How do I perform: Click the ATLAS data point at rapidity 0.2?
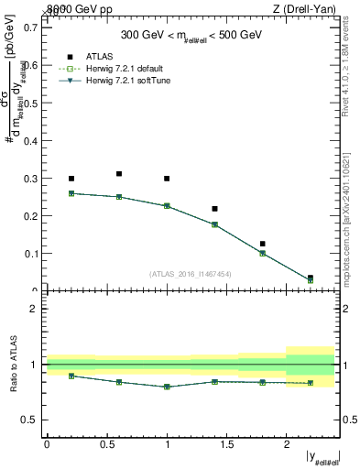coord(71,179)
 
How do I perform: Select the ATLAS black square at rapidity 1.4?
coord(214,209)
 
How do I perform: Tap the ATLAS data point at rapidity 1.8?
coord(262,244)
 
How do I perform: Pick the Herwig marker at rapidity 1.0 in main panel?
coord(167,206)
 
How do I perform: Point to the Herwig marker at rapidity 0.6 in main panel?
coord(119,197)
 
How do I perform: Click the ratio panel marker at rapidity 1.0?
coord(167,387)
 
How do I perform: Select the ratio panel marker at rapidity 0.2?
coord(71,376)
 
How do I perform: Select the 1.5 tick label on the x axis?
coord(226,444)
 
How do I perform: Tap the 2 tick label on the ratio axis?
coord(35,309)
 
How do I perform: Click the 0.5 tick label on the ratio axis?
coord(31,420)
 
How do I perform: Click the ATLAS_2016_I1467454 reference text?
coord(190,273)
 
